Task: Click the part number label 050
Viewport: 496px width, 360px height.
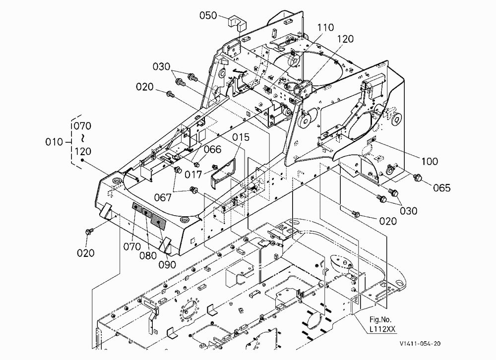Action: pos(208,15)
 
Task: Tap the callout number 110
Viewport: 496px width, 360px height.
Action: pos(325,28)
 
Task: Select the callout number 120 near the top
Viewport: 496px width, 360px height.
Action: pos(345,39)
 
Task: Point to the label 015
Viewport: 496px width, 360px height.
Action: pos(241,137)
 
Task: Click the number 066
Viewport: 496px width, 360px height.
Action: pos(213,149)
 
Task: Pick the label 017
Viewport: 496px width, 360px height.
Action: pos(193,175)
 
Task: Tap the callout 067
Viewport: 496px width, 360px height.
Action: pos(163,197)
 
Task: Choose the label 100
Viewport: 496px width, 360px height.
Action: pos(430,161)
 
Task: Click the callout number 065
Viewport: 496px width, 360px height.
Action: pos(441,188)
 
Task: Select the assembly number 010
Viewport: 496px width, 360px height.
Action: pos(54,142)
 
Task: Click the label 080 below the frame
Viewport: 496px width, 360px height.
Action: pos(148,255)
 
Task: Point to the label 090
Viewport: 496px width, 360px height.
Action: pos(167,264)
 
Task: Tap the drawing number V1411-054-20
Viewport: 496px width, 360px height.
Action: pos(420,344)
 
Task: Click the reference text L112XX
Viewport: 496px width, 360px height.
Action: pos(382,329)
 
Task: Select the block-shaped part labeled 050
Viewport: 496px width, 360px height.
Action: pos(238,23)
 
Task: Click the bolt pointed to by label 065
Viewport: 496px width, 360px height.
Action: pos(419,178)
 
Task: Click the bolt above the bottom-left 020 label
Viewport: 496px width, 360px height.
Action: pos(89,231)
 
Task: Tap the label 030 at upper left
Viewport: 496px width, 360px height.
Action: pos(161,67)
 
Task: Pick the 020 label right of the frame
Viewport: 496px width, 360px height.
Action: pos(388,221)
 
